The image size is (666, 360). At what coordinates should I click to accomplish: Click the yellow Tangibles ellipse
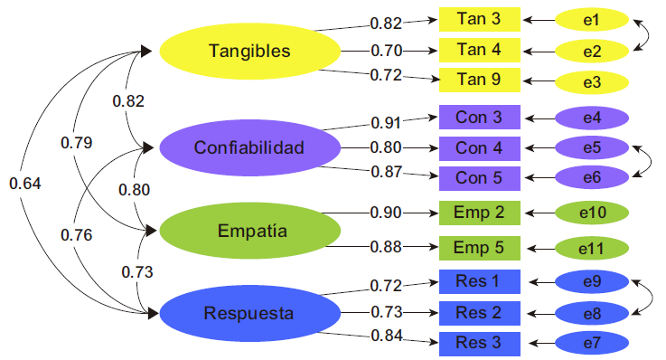point(249,51)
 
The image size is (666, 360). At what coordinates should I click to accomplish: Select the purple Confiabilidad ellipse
point(249,147)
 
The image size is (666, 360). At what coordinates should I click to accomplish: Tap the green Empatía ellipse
point(252,230)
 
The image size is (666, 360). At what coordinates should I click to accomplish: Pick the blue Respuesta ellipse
point(249,313)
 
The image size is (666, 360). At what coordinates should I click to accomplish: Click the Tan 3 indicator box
point(479,18)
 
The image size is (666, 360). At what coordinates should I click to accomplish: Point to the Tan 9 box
point(479,81)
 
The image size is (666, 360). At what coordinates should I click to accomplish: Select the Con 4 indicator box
point(479,147)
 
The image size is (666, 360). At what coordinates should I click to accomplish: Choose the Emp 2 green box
point(479,213)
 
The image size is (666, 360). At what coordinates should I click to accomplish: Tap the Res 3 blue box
point(479,343)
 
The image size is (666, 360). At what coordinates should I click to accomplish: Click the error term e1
point(592,18)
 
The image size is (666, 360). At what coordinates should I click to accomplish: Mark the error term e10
point(592,213)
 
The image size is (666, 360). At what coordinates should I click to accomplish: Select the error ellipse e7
point(592,343)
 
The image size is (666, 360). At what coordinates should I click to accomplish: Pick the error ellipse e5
point(592,147)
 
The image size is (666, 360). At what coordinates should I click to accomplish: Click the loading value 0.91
point(386,121)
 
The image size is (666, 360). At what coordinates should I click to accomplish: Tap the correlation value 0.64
point(25,184)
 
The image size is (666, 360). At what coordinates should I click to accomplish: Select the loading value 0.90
point(386,213)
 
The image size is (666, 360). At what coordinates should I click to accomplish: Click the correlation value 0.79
point(77,141)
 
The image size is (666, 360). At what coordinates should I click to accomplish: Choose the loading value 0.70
point(386,51)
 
